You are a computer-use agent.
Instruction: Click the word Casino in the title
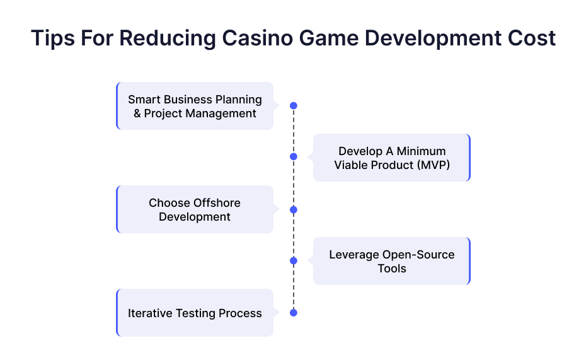[258, 38]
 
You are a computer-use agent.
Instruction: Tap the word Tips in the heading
[53, 38]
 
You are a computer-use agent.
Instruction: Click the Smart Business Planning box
[195, 106]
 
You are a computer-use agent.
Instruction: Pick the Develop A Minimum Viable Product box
[392, 158]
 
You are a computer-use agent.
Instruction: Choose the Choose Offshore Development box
[195, 209]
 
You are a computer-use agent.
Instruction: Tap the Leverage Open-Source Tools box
[392, 261]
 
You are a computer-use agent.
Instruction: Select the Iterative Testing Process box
[195, 313]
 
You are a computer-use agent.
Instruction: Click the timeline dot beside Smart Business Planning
[294, 106]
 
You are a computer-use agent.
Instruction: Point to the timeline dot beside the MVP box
[294, 156]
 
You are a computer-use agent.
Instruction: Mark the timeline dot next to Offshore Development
[294, 210]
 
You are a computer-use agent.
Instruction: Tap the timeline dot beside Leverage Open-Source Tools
[294, 260]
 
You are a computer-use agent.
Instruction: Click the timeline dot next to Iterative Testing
[294, 313]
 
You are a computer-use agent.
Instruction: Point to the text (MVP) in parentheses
[434, 165]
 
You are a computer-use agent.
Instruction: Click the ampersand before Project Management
[137, 113]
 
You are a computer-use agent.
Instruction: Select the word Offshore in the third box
[217, 202]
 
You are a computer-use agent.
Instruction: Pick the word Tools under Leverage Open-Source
[392, 269]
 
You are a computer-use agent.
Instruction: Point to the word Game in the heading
[328, 38]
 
